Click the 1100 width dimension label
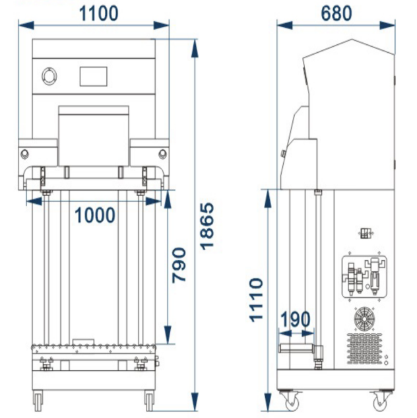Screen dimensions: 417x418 click(x=99, y=14)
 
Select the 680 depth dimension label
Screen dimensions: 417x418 click(x=337, y=13)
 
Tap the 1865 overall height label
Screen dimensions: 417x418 click(x=207, y=226)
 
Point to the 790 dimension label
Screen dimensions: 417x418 click(x=179, y=265)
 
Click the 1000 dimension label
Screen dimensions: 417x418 click(x=95, y=215)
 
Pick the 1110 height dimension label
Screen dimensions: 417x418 click(x=256, y=300)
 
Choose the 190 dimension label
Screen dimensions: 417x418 click(x=296, y=319)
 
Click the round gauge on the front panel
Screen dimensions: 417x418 click(x=49, y=76)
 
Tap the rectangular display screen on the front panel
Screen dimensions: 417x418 click(x=94, y=77)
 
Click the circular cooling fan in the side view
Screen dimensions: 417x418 click(x=364, y=319)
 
